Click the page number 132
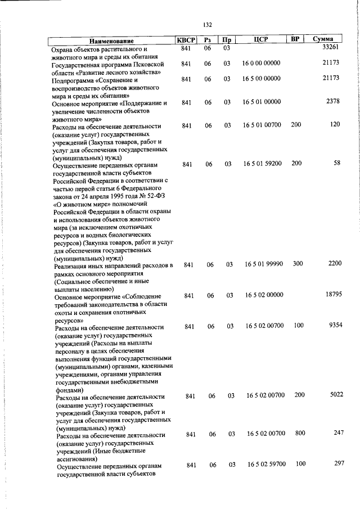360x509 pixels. click(208, 24)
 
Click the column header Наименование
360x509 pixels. click(111, 41)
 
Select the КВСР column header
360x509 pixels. click(187, 40)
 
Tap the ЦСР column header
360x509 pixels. click(260, 40)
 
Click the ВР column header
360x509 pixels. click(294, 39)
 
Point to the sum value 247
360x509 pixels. click(338, 433)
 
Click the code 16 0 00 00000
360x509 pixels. click(262, 64)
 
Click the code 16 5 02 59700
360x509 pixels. click(267, 464)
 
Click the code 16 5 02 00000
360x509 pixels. click(264, 295)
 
